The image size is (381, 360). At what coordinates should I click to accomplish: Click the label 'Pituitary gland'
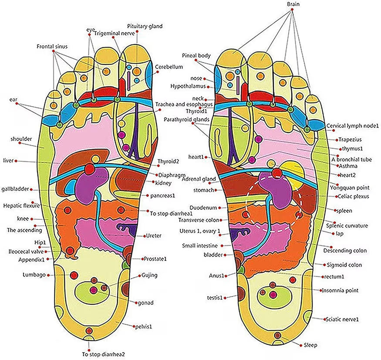(x=145, y=26)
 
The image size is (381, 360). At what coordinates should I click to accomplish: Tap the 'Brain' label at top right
(x=293, y=4)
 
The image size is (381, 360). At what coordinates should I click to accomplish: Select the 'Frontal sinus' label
(x=52, y=45)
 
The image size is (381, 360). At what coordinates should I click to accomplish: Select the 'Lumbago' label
(x=34, y=275)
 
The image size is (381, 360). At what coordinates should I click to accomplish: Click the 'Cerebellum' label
(x=169, y=67)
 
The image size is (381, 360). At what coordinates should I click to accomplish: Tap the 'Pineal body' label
(x=196, y=55)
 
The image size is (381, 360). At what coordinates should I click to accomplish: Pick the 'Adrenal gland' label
(x=199, y=179)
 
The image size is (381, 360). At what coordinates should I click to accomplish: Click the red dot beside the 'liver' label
(x=16, y=161)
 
